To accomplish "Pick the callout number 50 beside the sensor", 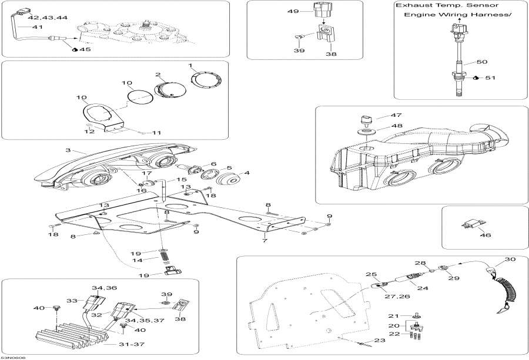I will click(481, 62).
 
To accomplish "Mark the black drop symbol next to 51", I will click(476, 78).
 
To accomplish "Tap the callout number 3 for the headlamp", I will click(68, 151).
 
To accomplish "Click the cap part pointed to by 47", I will click(367, 119).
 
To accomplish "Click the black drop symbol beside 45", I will click(75, 50).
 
